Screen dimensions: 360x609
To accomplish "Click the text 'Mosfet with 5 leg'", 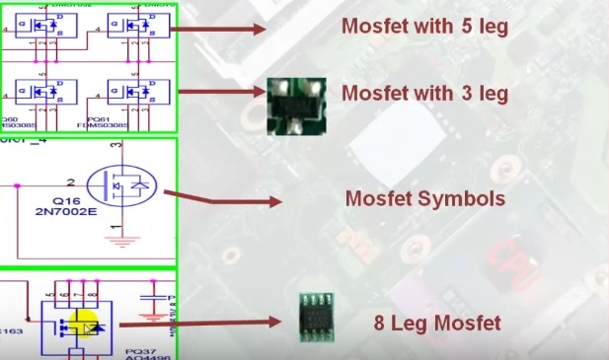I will pyautogui.click(x=424, y=27).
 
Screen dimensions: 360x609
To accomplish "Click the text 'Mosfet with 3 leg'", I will pyautogui.click(x=424, y=94).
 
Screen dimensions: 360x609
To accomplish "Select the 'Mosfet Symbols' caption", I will pyautogui.click(x=424, y=198).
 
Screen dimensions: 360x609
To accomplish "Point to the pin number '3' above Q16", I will pyautogui.click(x=117, y=147).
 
